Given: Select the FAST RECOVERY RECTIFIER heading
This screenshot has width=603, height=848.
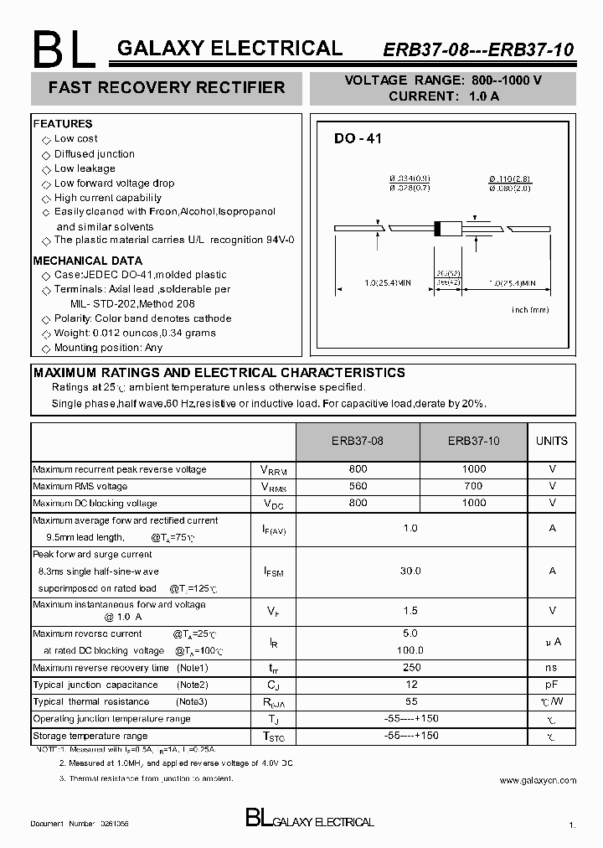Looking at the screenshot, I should pos(167,87).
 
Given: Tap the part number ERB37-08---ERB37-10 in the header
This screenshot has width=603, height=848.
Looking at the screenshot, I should pos(478,49).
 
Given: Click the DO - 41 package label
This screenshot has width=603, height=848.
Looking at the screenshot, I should pos(358,139).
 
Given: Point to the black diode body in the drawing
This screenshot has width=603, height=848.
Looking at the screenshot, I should pos(441,227).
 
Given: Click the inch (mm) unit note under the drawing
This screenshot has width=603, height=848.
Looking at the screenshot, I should pos(530,309).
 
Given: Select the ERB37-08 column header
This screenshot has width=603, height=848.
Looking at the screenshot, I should pos(358,441).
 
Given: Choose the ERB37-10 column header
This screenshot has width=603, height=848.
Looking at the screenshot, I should pos(473,441).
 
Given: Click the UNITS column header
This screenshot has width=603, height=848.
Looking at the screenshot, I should pos(551,441).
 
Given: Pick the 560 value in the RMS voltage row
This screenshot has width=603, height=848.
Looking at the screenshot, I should pos(358,486).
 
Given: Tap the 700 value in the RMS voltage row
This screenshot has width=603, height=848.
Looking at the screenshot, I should pos(473,486).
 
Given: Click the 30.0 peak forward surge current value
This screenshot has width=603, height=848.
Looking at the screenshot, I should pos(410,571).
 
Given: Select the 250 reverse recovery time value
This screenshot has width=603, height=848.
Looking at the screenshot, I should pos(410,668).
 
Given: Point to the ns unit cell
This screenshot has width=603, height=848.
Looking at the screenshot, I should pos(552,668).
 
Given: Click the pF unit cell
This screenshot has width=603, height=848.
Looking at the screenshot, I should pos(552,685).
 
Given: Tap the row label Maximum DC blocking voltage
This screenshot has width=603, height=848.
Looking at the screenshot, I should pos(95,504).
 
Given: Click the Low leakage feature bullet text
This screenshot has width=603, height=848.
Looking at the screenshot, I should pos(85,168).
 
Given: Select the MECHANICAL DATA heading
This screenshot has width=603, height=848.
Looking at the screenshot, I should pos(87,261).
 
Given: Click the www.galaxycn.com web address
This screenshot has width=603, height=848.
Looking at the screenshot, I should pos(538,780).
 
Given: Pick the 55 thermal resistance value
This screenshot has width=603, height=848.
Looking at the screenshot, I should pos(410,701).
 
